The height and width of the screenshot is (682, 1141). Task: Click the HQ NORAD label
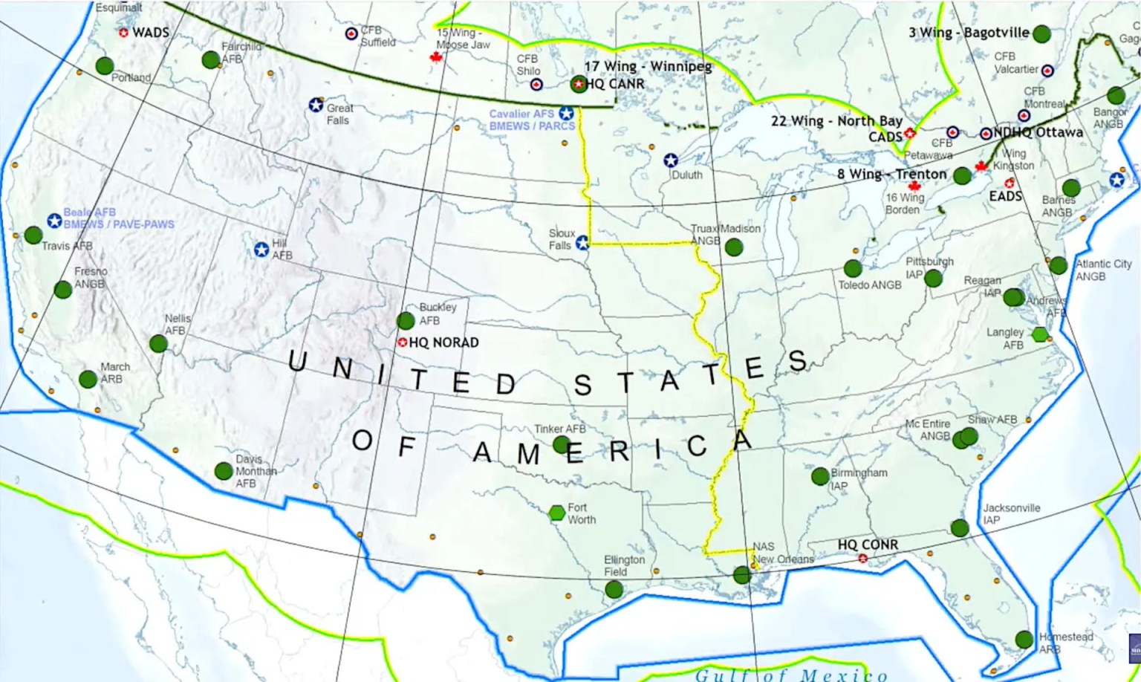pos(443,342)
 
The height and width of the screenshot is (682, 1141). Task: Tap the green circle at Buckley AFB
pos(406,321)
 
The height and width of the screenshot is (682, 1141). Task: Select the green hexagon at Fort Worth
pos(557,513)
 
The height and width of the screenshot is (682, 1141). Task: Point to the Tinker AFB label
pos(560,429)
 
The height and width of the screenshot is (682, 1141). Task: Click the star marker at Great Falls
pos(316,105)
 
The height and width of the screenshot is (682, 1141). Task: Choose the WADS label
pos(151,33)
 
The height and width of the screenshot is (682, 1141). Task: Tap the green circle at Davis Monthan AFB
pos(224,470)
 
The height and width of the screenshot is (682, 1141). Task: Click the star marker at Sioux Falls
pos(582,242)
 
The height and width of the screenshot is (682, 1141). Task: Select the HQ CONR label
pos(868,545)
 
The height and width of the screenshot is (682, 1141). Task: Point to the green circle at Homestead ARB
pos(1024,639)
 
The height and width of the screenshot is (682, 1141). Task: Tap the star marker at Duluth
pos(671,160)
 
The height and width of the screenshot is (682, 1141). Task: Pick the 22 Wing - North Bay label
pos(836,121)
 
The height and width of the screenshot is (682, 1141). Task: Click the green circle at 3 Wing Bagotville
pos(1041,33)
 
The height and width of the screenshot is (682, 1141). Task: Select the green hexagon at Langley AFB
pos(1039,334)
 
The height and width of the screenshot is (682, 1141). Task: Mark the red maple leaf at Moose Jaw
pos(437,57)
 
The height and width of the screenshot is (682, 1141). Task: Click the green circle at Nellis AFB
pos(158,343)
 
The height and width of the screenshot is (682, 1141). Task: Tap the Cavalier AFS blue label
pos(521,114)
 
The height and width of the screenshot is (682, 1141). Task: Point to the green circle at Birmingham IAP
pos(820,476)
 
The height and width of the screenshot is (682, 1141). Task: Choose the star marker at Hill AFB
pos(261,250)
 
